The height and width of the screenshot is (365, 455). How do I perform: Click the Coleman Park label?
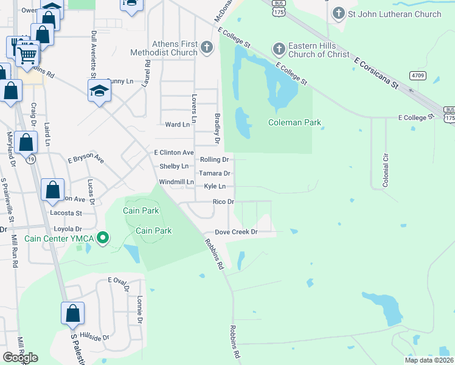point(295,122)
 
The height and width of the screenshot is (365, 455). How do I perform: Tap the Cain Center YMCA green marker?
point(103,238)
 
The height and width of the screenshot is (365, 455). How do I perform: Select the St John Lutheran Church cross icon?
point(339,13)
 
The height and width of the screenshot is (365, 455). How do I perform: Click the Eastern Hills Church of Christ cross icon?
point(279,47)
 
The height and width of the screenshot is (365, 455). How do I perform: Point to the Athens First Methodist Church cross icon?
point(207,46)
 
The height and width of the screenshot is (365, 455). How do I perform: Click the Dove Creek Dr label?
point(237,232)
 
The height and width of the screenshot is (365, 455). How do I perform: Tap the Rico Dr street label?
point(223,201)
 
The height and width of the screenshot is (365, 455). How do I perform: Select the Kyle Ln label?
point(215,186)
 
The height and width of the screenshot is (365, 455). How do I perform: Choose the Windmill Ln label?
point(176,182)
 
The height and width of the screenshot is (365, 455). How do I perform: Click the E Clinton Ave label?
point(174,153)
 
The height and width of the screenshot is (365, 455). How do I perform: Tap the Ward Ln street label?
point(178,124)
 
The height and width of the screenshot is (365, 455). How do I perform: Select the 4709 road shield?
point(417,75)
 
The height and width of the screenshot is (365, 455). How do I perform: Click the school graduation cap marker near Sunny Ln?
point(99,91)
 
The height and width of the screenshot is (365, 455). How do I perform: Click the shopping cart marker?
point(27,55)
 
